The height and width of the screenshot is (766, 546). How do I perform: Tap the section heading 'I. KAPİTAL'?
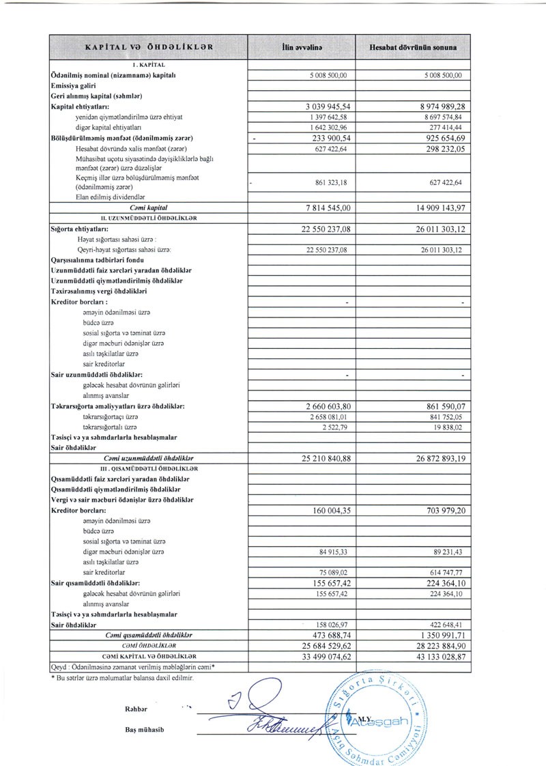point(148,65)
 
